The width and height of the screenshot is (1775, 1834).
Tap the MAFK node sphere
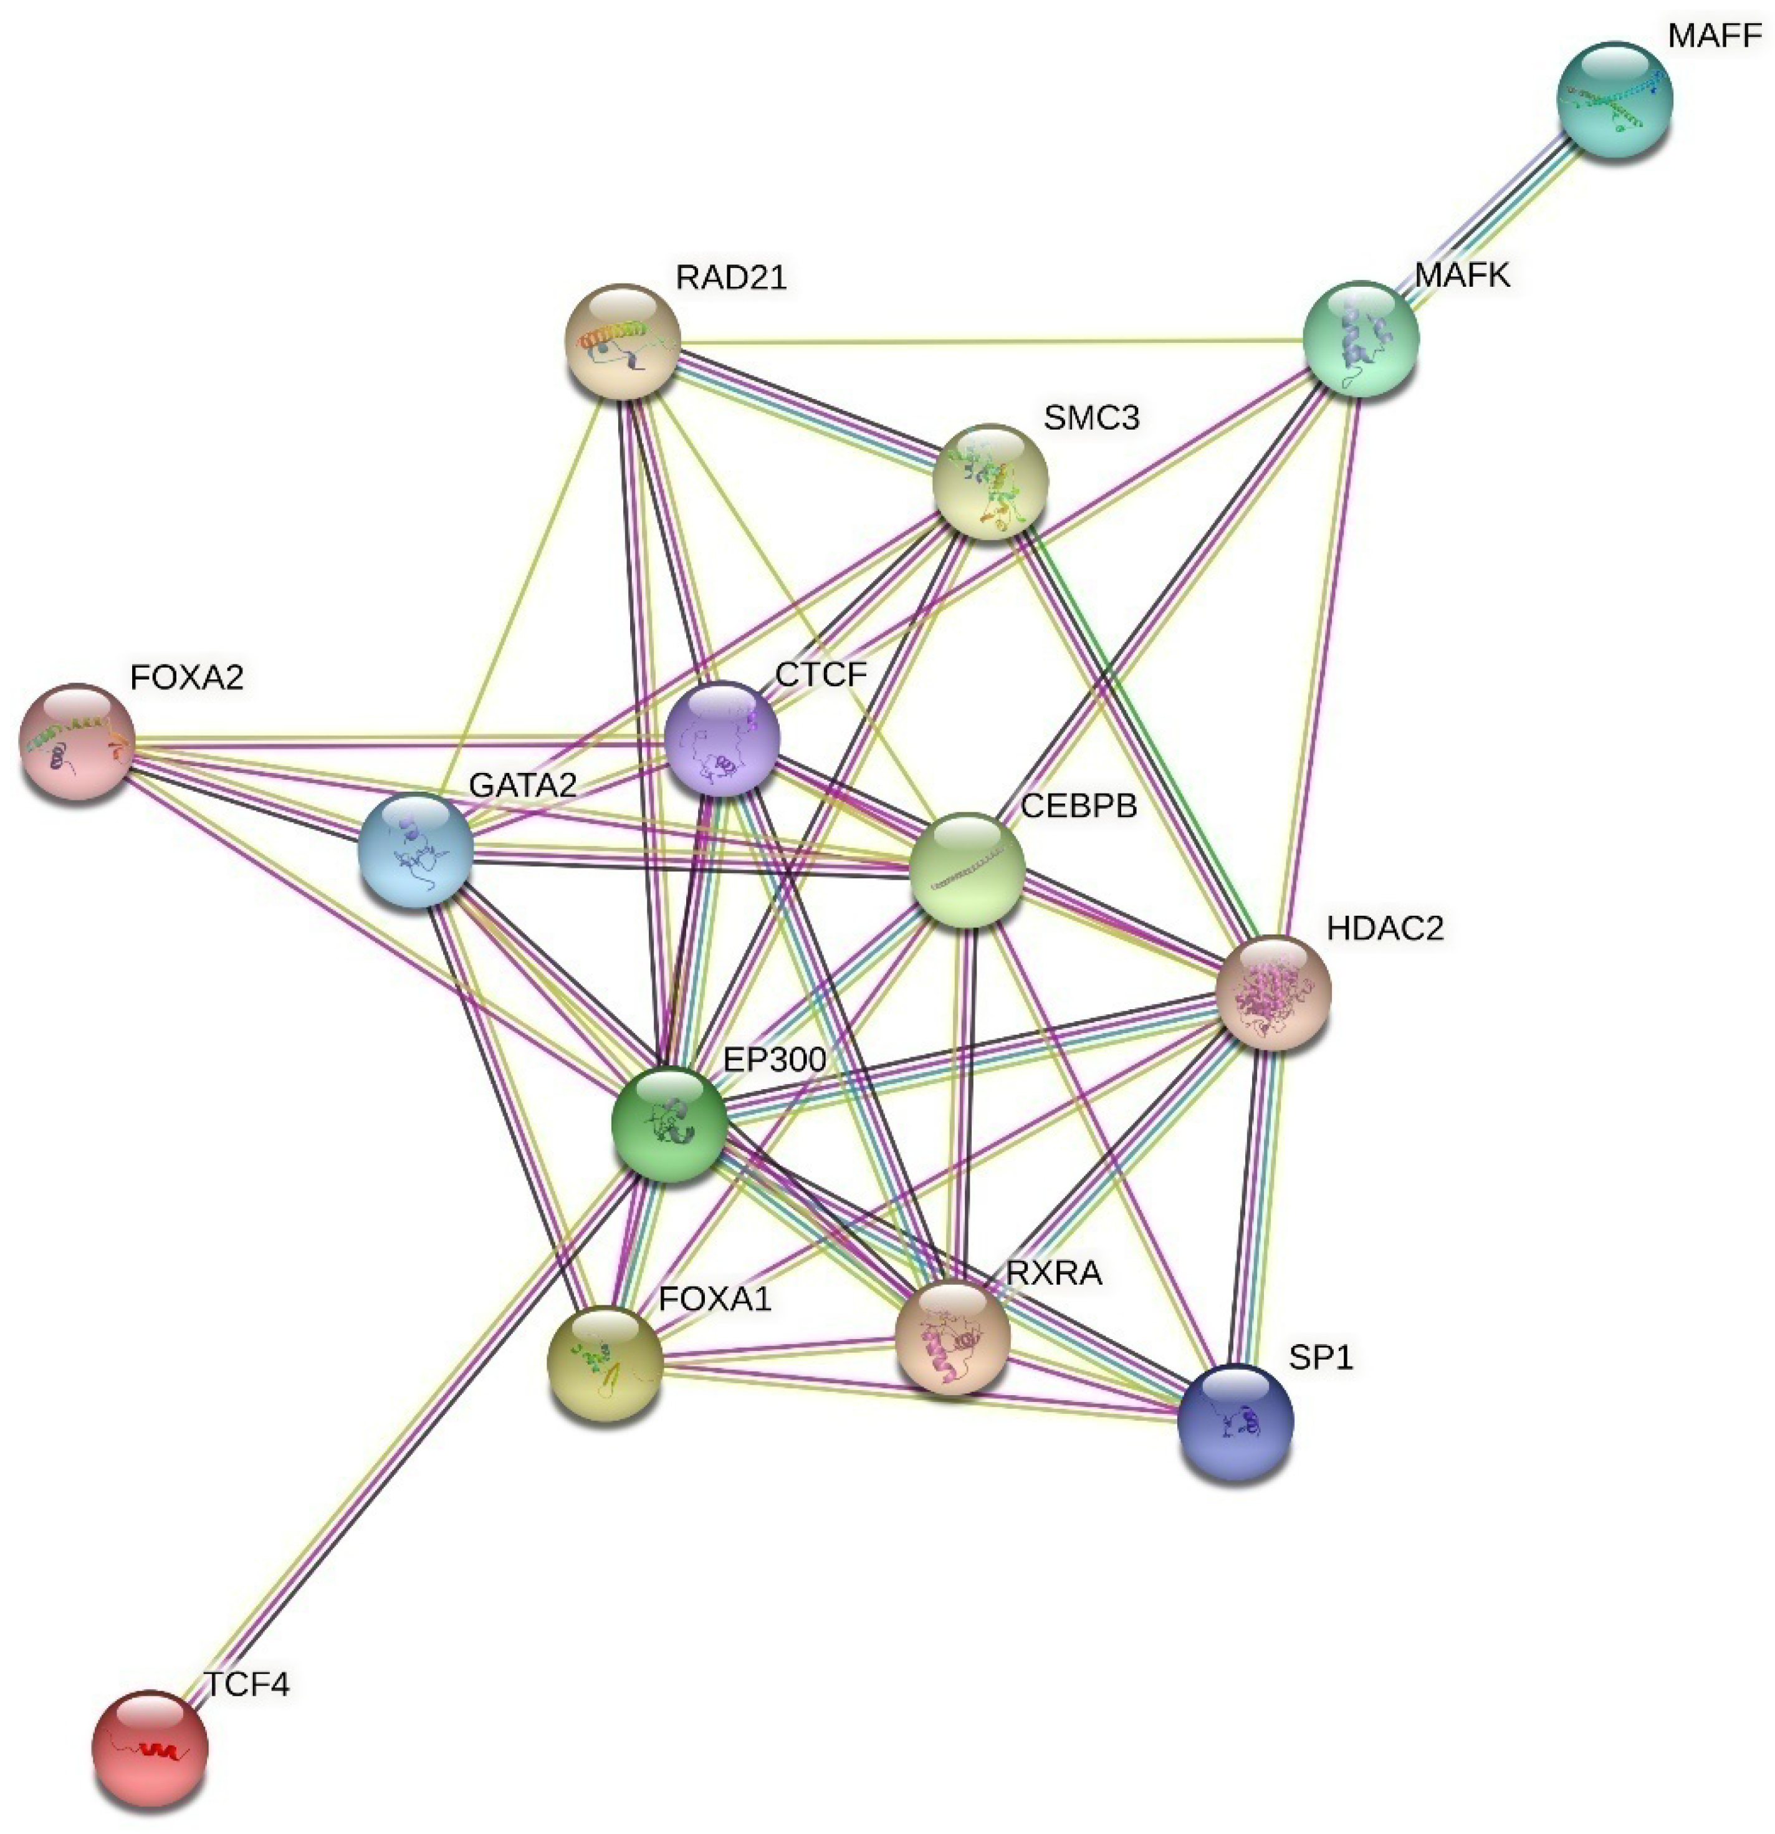pyautogui.click(x=1361, y=338)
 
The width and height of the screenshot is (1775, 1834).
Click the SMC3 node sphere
pyautogui.click(x=990, y=482)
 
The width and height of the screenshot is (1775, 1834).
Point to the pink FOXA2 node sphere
pyautogui.click(x=77, y=742)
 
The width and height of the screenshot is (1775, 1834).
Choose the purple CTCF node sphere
pyautogui.click(x=722, y=738)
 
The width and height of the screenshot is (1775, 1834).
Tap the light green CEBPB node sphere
pyautogui.click(x=967, y=870)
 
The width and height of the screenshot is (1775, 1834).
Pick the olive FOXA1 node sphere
pyautogui.click(x=605, y=1363)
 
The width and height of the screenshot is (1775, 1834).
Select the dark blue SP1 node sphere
pyautogui.click(x=1235, y=1421)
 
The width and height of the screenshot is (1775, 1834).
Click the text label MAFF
pyautogui.click(x=1714, y=37)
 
